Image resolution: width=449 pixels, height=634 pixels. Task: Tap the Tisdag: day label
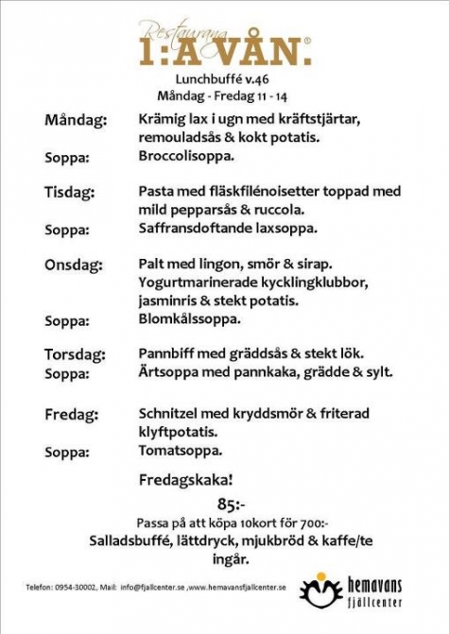[70, 193]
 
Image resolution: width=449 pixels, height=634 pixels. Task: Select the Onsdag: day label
[74, 265]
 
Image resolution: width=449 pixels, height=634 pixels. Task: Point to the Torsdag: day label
[77, 354]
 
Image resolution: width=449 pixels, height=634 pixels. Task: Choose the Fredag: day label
[71, 415]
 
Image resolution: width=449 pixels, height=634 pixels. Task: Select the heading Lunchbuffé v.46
[223, 80]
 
